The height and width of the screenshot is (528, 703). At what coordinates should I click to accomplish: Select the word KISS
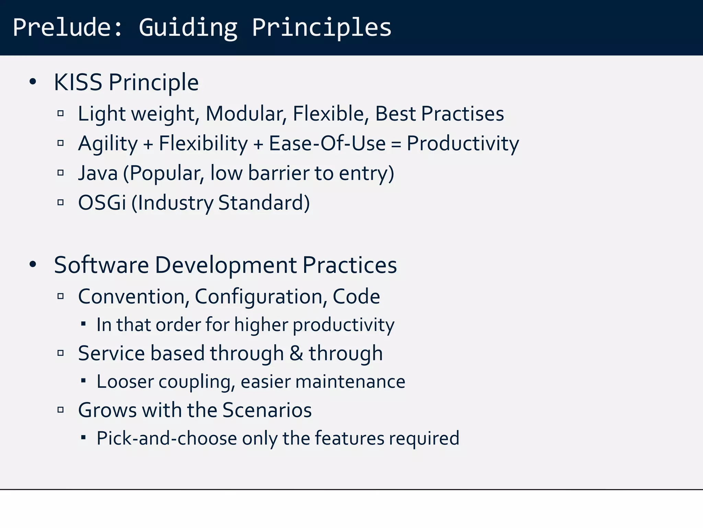tap(78, 82)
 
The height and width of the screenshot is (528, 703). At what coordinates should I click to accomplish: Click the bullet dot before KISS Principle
tap(33, 82)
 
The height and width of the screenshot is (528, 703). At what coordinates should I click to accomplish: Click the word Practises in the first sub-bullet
tap(462, 114)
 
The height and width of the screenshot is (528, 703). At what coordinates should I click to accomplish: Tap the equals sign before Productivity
tap(396, 144)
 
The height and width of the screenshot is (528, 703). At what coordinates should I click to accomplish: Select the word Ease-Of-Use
tap(327, 143)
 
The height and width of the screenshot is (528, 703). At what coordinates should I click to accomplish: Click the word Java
tap(98, 173)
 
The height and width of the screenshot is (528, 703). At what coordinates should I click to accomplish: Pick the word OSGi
tap(102, 202)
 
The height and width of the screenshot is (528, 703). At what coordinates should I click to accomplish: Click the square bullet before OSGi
tap(61, 202)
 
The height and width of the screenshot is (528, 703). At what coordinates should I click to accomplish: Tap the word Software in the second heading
tap(101, 265)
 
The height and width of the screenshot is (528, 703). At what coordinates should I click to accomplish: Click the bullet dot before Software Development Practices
tap(33, 265)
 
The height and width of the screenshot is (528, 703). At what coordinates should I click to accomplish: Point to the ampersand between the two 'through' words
tap(296, 353)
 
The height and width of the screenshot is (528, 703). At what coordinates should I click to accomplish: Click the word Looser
tap(125, 382)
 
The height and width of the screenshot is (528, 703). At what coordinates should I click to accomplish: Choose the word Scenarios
tap(267, 410)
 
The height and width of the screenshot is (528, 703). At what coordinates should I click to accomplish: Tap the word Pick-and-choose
tap(167, 438)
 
